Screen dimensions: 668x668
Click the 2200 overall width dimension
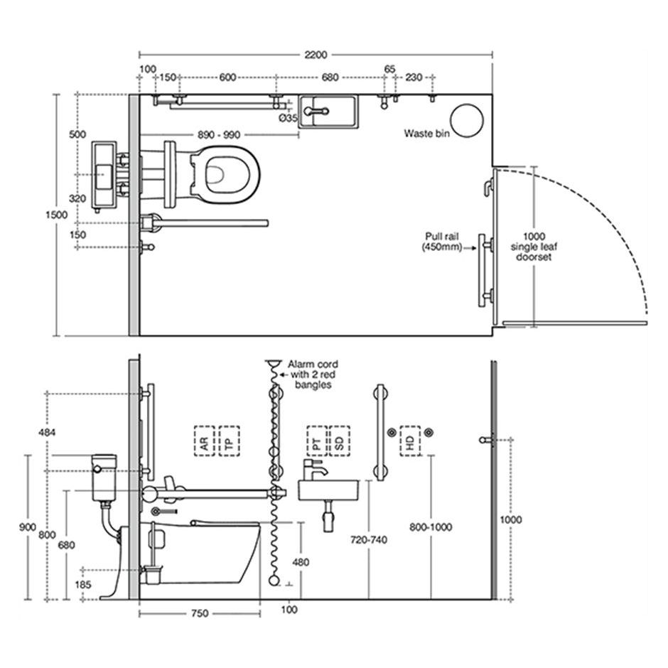(316, 55)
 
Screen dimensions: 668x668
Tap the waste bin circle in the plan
(467, 121)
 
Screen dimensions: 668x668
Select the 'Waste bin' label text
(426, 134)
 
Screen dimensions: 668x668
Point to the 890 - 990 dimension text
(219, 135)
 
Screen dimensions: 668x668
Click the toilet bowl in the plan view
(225, 174)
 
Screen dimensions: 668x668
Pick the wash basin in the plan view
(328, 112)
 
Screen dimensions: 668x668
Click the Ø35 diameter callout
(289, 118)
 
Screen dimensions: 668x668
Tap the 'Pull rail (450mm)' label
(442, 242)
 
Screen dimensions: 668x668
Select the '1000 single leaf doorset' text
(534, 247)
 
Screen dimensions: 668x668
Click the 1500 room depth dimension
(57, 215)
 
